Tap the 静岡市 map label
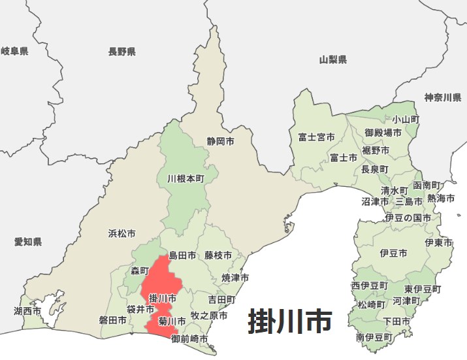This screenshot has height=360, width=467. click(x=220, y=140)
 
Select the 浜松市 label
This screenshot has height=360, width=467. click(x=122, y=233)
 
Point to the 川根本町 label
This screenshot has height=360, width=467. click(x=185, y=178)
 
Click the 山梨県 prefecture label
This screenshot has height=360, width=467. click(x=333, y=59)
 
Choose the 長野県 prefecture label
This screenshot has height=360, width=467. click(x=122, y=52)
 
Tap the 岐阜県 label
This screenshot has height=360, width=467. click(x=14, y=51)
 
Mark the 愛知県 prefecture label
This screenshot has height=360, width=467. click(x=28, y=242)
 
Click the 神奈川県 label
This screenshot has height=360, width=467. click(x=443, y=98)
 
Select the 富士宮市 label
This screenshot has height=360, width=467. click(x=316, y=137)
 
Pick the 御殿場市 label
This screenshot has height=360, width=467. click(x=383, y=133)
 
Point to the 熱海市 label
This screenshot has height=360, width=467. click(x=440, y=198)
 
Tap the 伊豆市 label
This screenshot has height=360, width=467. click(x=393, y=252)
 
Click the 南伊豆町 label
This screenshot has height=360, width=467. click(x=374, y=338)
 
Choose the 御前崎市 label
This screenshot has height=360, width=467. click(x=189, y=339)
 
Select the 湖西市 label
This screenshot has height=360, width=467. click(x=27, y=311)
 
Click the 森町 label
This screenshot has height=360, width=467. click(x=140, y=270)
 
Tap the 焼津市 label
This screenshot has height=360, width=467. click(x=235, y=278)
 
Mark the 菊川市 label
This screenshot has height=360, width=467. click(x=172, y=321)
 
